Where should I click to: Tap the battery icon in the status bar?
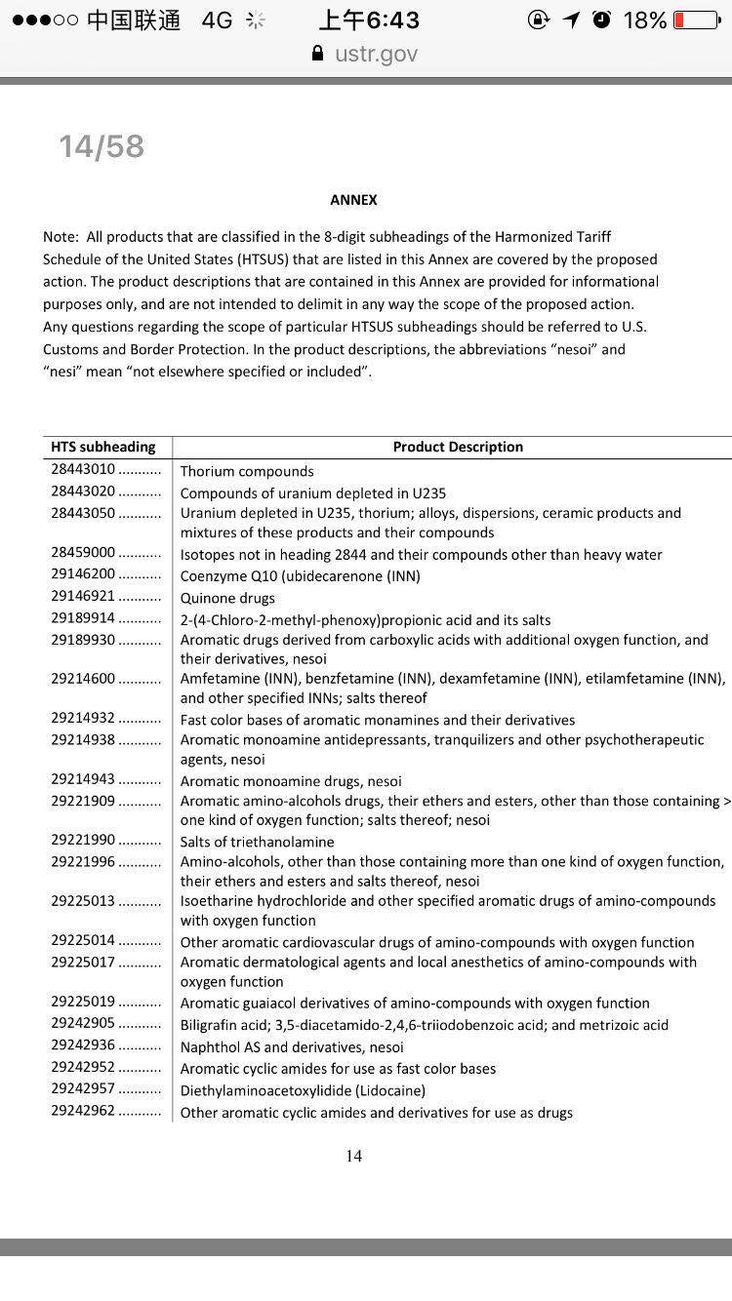coord(696,20)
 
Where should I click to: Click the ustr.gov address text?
coord(376,54)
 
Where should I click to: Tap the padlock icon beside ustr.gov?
coord(317,54)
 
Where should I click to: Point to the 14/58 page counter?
coord(102,146)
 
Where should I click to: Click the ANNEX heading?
coord(353,200)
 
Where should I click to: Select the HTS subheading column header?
coord(103,447)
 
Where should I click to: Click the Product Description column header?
coord(458,447)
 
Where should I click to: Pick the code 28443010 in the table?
coord(83,470)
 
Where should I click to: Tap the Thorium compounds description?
coord(247,471)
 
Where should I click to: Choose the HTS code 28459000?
coord(83,553)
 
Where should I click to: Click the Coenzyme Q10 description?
coord(300,575)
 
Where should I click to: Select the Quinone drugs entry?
coord(227,598)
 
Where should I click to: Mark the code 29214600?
coord(83,678)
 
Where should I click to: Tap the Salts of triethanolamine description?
coord(257,842)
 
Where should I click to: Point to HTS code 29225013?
coord(83,900)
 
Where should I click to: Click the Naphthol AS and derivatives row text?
coord(292,1046)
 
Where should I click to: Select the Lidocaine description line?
coord(303,1090)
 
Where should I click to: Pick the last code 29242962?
coord(83,1111)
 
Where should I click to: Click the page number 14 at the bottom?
coord(353,1156)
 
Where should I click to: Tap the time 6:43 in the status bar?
coord(369,20)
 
